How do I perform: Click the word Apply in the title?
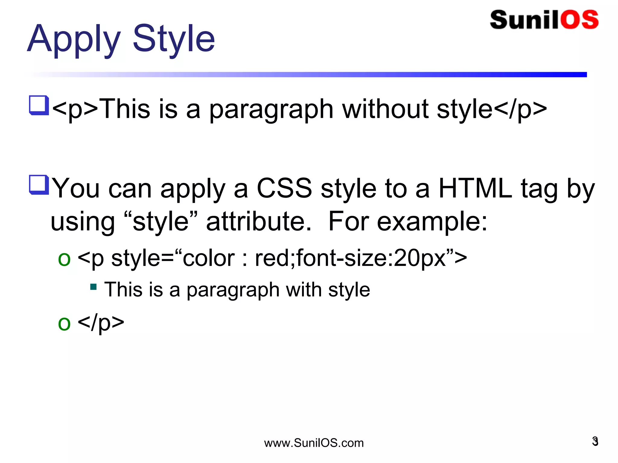pos(74,39)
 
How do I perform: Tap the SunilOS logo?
pos(544,20)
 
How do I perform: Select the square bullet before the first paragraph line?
pos(39,105)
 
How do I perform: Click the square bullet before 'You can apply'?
pos(39,184)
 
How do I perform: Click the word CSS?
pos(284,188)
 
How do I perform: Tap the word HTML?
pos(475,188)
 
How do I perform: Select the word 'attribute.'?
pos(259,222)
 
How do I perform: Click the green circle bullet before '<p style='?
pos(64,259)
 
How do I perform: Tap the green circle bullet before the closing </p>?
pos(64,323)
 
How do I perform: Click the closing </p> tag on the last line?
pos(101,323)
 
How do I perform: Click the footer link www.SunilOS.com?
pos(314,443)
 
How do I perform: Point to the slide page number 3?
pos(595,441)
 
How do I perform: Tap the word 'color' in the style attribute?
pos(209,258)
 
